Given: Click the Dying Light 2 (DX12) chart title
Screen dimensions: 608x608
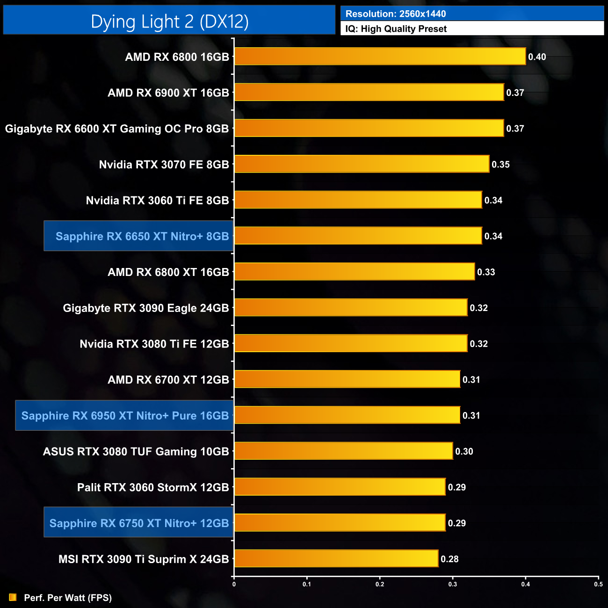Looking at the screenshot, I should pyautogui.click(x=169, y=22).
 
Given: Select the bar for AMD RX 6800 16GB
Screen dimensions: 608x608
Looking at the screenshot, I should pyautogui.click(x=380, y=57).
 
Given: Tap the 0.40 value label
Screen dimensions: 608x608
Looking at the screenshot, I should pyautogui.click(x=537, y=57).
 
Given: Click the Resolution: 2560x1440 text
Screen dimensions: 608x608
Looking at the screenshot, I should pyautogui.click(x=396, y=14).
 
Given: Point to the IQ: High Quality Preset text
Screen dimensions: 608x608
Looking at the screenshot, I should pyautogui.click(x=396, y=29).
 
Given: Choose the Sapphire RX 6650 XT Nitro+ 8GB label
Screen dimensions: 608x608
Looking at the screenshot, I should pyautogui.click(x=142, y=236).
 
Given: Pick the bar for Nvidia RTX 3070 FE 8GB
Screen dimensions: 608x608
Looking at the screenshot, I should pyautogui.click(x=362, y=164).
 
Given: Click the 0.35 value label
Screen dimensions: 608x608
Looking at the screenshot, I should pyautogui.click(x=500, y=165).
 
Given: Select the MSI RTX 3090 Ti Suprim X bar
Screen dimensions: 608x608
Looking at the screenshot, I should pyautogui.click(x=336, y=558).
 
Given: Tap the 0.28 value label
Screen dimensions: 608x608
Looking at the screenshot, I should pyautogui.click(x=449, y=559).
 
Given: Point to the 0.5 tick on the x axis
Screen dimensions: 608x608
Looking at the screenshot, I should pyautogui.click(x=598, y=584).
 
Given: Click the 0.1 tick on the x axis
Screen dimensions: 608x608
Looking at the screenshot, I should pyautogui.click(x=307, y=584).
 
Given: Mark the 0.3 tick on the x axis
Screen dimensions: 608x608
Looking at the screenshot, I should pyautogui.click(x=453, y=584).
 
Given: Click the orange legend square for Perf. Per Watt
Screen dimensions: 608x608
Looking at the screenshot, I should pyautogui.click(x=13, y=598).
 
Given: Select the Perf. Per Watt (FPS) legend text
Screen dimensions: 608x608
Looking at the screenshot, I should pyautogui.click(x=68, y=598).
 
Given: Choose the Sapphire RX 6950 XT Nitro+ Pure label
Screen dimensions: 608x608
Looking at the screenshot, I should pyautogui.click(x=125, y=415).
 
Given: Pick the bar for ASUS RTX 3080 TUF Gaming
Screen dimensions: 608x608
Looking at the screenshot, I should pyautogui.click(x=343, y=451).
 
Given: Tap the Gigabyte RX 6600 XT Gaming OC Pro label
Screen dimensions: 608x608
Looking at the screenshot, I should pyautogui.click(x=117, y=129).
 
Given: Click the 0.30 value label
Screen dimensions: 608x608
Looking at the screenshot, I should pyautogui.click(x=464, y=452).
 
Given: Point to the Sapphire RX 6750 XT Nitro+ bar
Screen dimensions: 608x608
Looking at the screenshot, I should pyautogui.click(x=340, y=522).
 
